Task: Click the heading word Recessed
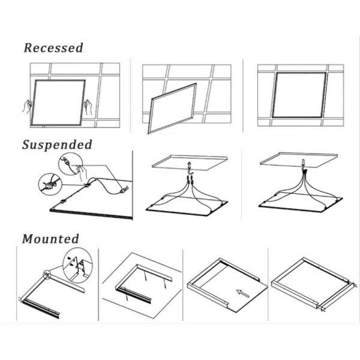[x=53, y=48]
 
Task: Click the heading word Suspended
[x=57, y=145]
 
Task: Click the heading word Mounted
[x=50, y=239]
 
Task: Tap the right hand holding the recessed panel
[x=88, y=107]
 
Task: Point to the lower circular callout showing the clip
[x=50, y=184]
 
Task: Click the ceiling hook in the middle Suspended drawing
[x=190, y=168]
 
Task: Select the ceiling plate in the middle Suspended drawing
[x=190, y=162]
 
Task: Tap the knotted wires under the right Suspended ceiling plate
[x=305, y=172]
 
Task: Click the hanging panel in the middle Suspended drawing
[x=187, y=206]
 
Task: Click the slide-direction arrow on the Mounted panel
[x=243, y=293]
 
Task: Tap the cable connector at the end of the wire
[x=124, y=190]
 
